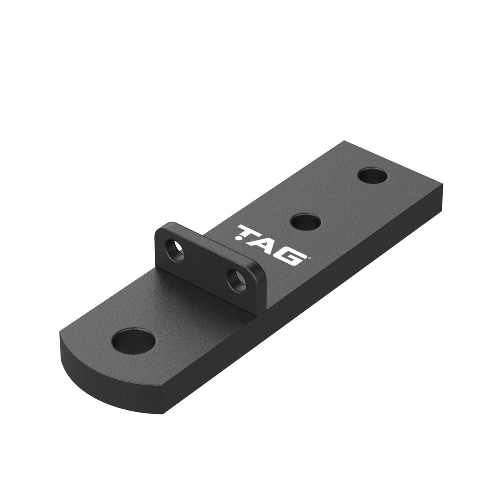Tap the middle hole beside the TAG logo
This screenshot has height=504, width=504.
point(307,222)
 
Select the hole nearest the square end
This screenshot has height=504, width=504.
point(373,175)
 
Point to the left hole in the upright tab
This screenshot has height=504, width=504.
point(176,250)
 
